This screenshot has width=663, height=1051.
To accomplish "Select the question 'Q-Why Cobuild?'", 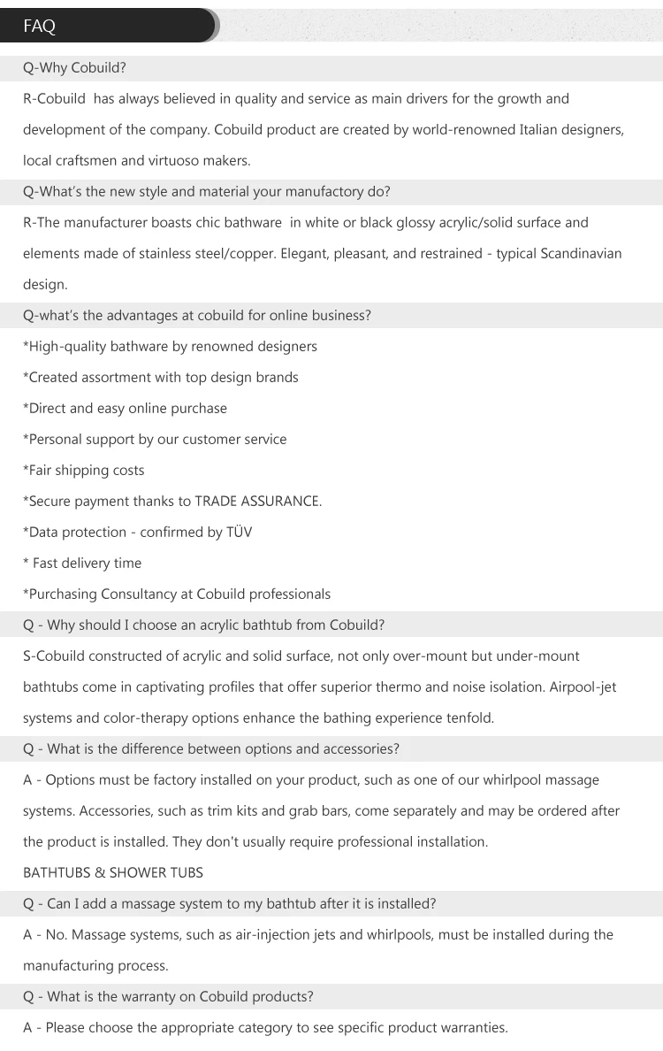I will coord(74,68).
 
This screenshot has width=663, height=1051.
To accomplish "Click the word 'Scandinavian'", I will coord(579,254).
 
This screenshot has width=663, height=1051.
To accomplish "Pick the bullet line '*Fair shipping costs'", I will coord(84,471).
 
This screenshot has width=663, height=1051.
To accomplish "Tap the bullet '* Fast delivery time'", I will coord(82,564).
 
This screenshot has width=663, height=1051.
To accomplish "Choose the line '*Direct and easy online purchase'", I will coord(125,409).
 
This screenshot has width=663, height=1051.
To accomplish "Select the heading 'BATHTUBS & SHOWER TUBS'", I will coord(113,873).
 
